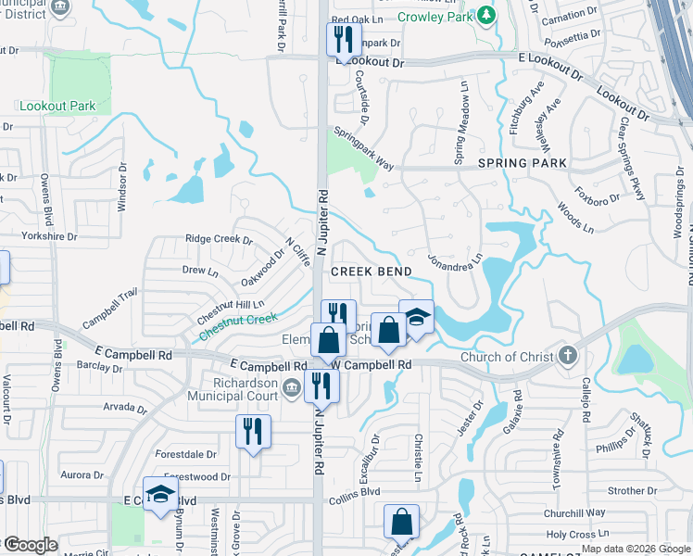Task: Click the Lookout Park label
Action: click(57, 107)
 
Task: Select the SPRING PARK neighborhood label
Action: click(523, 163)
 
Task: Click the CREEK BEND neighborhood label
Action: click(371, 272)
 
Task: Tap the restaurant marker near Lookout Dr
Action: click(342, 41)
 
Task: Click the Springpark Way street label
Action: click(364, 145)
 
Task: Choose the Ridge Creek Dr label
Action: click(219, 239)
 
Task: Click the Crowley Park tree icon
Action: click(485, 16)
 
